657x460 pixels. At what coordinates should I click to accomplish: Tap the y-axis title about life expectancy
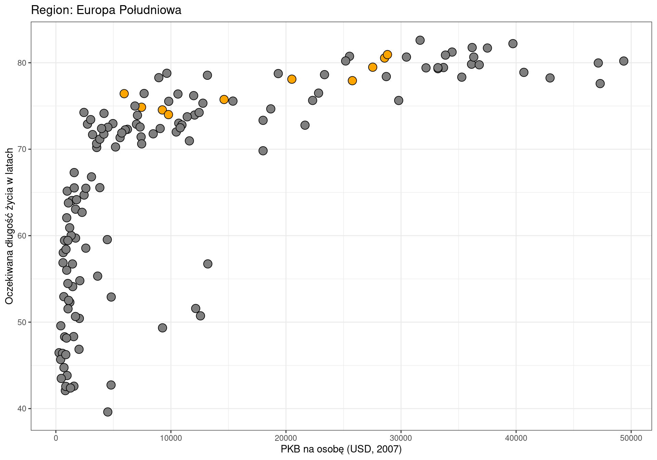tap(9, 226)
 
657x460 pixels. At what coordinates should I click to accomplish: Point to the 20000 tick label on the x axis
tap(286, 439)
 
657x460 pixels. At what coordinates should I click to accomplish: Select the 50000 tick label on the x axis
tap(631, 439)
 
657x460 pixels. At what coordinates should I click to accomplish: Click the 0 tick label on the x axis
tap(56, 439)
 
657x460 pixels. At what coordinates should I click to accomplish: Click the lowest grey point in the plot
tap(108, 412)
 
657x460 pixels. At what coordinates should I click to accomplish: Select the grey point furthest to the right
tap(623, 61)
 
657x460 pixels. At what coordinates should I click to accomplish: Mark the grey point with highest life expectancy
tap(420, 40)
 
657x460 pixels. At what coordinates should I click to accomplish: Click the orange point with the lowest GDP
tap(124, 94)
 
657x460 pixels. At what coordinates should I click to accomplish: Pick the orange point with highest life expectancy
tap(387, 55)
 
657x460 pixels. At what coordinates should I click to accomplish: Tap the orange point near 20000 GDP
tap(292, 79)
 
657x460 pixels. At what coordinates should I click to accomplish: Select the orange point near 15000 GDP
tap(224, 100)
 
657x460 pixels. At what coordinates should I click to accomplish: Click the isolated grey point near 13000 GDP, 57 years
tap(208, 264)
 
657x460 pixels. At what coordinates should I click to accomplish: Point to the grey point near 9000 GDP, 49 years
tap(163, 328)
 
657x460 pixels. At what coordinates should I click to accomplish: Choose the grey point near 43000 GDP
tap(550, 78)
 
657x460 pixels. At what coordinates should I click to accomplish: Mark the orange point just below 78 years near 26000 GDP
tap(352, 80)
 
